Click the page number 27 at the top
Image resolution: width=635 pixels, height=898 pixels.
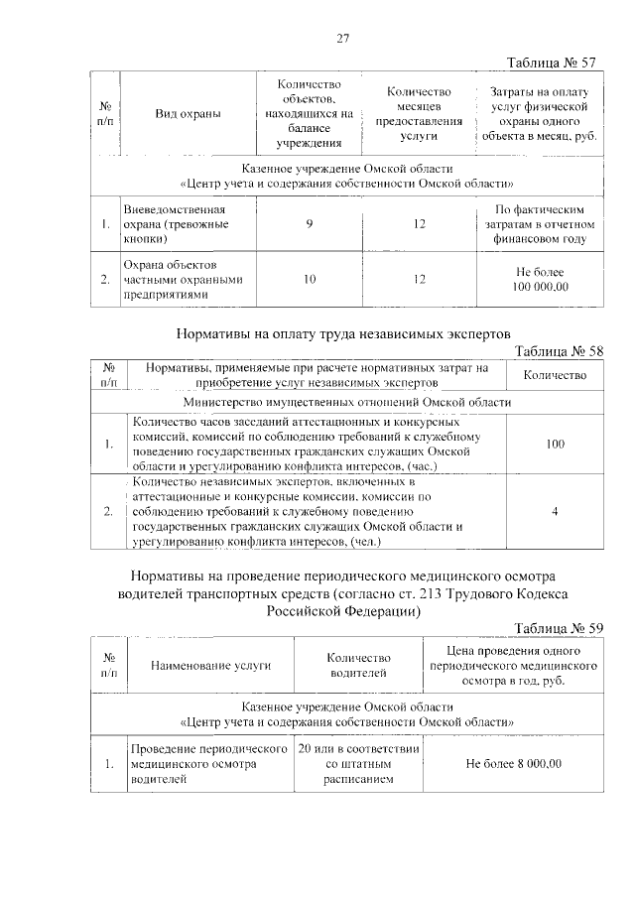tap(343, 39)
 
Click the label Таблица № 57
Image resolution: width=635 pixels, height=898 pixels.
tap(551, 63)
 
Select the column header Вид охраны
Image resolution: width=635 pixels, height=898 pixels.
tap(188, 114)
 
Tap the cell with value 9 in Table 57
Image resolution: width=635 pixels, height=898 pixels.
tap(310, 225)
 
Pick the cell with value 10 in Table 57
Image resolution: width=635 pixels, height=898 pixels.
tap(310, 280)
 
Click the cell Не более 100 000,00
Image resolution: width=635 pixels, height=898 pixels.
tap(542, 280)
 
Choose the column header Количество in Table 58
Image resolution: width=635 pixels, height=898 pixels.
tap(554, 375)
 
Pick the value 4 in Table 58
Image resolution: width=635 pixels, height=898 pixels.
tap(555, 511)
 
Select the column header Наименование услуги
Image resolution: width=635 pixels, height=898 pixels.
tap(210, 666)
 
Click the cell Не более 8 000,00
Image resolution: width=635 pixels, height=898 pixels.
tap(513, 764)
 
